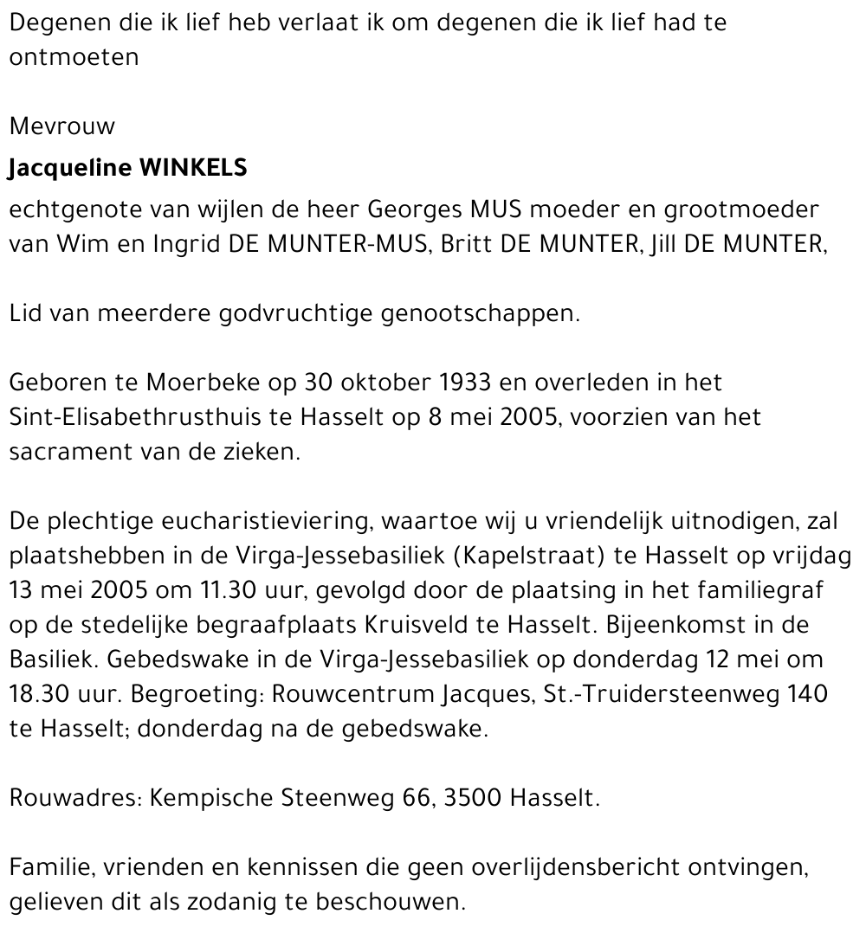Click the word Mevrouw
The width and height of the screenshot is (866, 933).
61,126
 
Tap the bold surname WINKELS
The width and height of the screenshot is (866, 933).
193,168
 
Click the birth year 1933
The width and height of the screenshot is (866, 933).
468,383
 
